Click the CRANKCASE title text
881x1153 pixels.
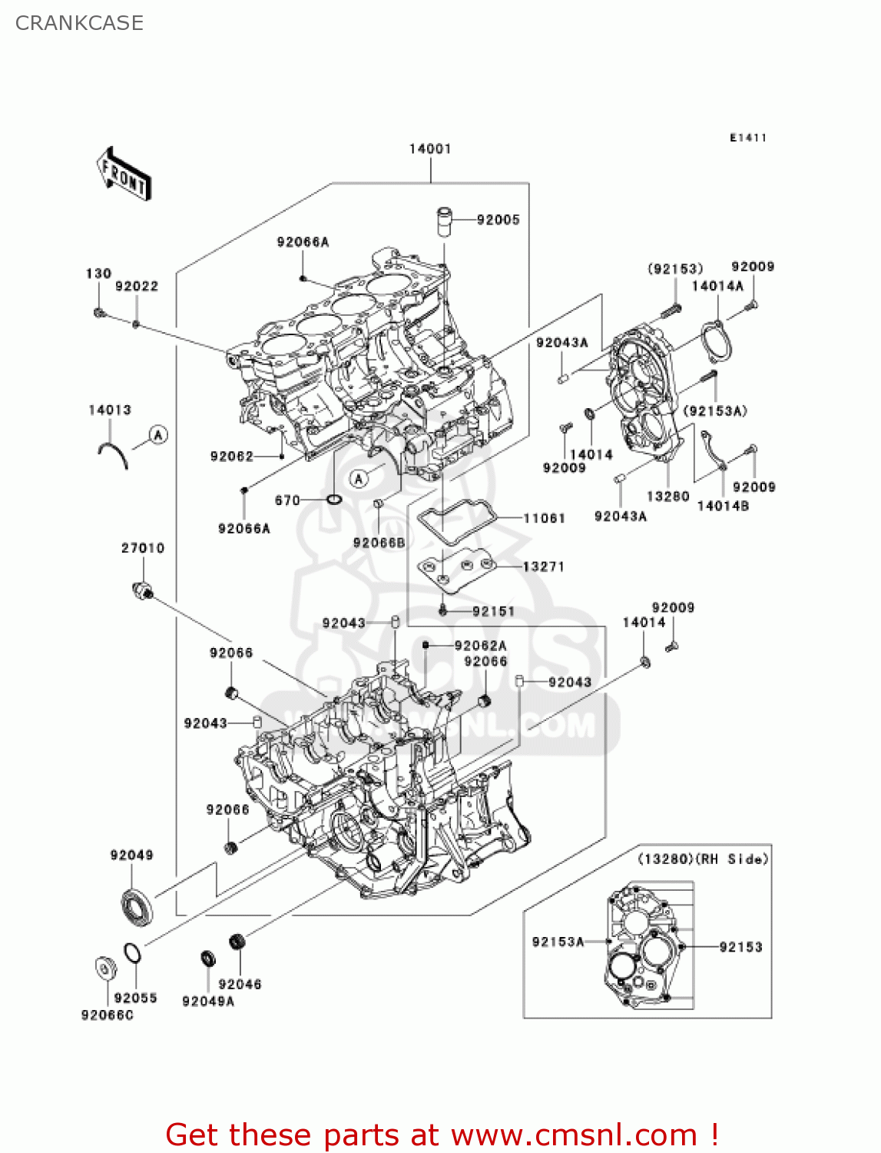[x=79, y=23]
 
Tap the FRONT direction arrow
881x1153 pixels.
[x=124, y=174]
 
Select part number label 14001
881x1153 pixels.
[x=430, y=149]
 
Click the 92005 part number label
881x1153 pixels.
[x=498, y=220]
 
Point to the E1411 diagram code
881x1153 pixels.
[x=748, y=138]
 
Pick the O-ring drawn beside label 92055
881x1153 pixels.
[x=132, y=953]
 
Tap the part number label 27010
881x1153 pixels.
[x=143, y=548]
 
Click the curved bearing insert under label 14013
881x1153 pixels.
[x=113, y=454]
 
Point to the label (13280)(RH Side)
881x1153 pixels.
[x=703, y=859]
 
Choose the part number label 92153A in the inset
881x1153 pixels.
[x=558, y=942]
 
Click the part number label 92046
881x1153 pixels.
[x=240, y=984]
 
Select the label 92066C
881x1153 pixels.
[x=108, y=1015]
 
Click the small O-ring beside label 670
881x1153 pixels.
[x=334, y=500]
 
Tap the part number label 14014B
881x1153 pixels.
[x=723, y=506]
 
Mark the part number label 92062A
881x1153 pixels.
[x=481, y=646]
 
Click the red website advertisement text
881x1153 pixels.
[x=442, y=1135]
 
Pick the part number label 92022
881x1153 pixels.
[x=137, y=287]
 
